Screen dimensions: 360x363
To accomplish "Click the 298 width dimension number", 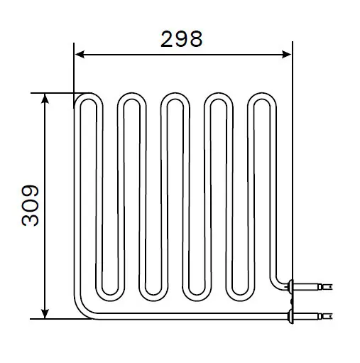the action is (x=181, y=39).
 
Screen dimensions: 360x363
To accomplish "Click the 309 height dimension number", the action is (x=31, y=205).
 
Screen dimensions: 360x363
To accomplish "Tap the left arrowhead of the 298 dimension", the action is (x=80, y=55).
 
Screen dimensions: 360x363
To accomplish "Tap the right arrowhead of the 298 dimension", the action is (x=286, y=55).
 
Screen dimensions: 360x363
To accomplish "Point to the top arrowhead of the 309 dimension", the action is (x=45, y=99).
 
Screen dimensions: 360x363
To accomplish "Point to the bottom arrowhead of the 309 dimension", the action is (x=45, y=313).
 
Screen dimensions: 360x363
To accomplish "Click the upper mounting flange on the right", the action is (x=291, y=286).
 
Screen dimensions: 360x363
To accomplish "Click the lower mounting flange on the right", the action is (x=291, y=316).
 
